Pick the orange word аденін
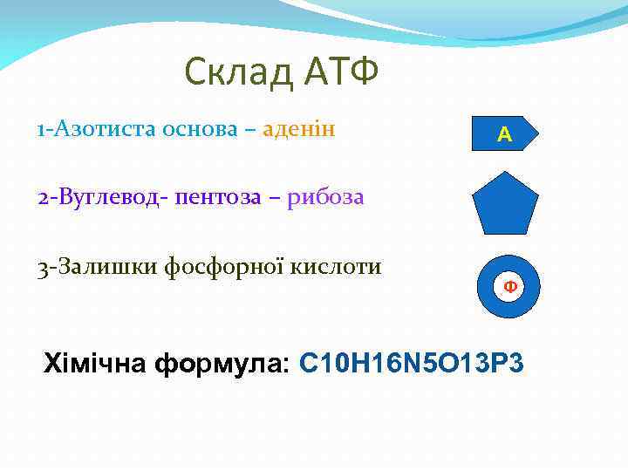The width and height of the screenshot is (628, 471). point(300,129)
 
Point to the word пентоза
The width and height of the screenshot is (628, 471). point(217,197)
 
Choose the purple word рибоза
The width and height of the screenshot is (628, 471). point(324,197)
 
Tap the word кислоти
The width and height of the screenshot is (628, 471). point(338,266)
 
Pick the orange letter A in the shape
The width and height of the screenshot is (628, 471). point(504,134)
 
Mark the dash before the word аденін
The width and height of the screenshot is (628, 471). point(250,130)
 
